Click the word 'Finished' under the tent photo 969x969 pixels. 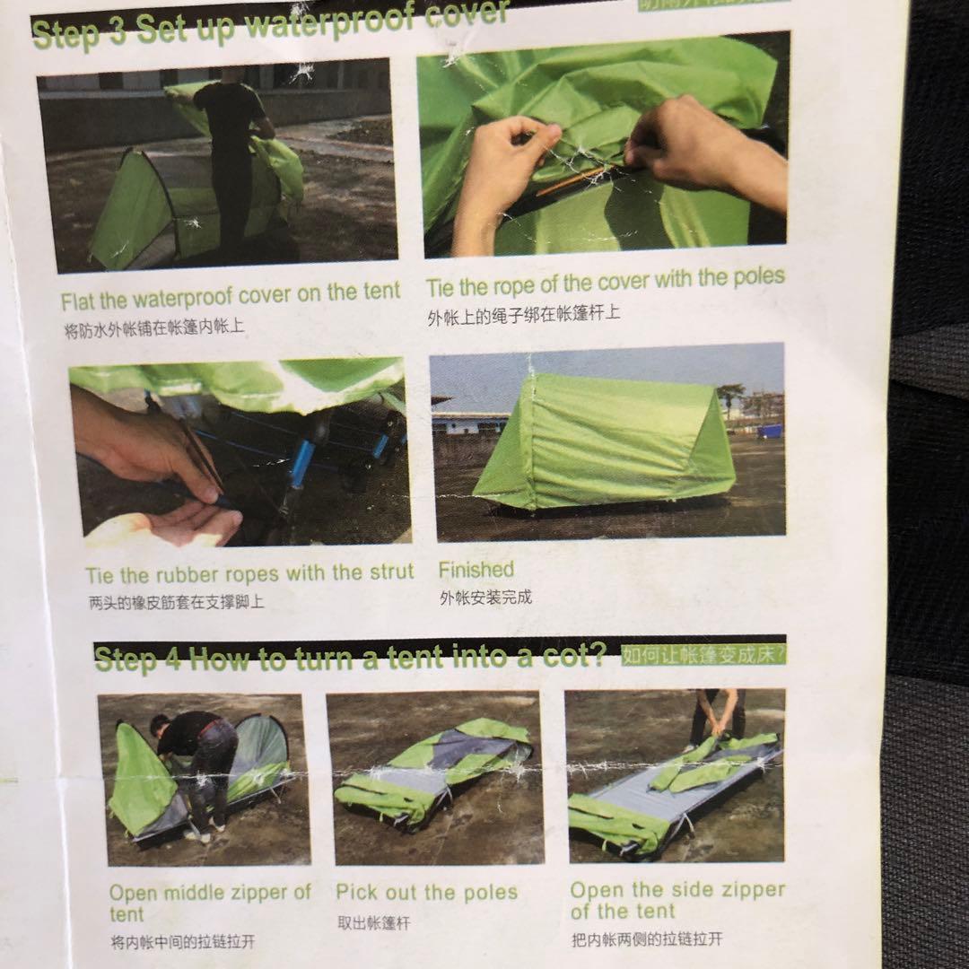pyautogui.click(x=476, y=570)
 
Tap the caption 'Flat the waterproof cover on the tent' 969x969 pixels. pyautogui.click(x=231, y=294)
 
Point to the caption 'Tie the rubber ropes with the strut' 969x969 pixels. pyautogui.click(x=249, y=573)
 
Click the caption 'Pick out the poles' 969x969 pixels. pyautogui.click(x=426, y=893)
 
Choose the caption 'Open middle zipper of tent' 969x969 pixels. pyautogui.click(x=209, y=902)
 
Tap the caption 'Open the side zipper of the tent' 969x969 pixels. pyautogui.click(x=677, y=900)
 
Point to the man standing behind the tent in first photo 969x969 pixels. pyautogui.click(x=231, y=153)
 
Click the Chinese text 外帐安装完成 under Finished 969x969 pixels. pyautogui.click(x=485, y=598)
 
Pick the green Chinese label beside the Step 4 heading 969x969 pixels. pyautogui.click(x=703, y=655)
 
